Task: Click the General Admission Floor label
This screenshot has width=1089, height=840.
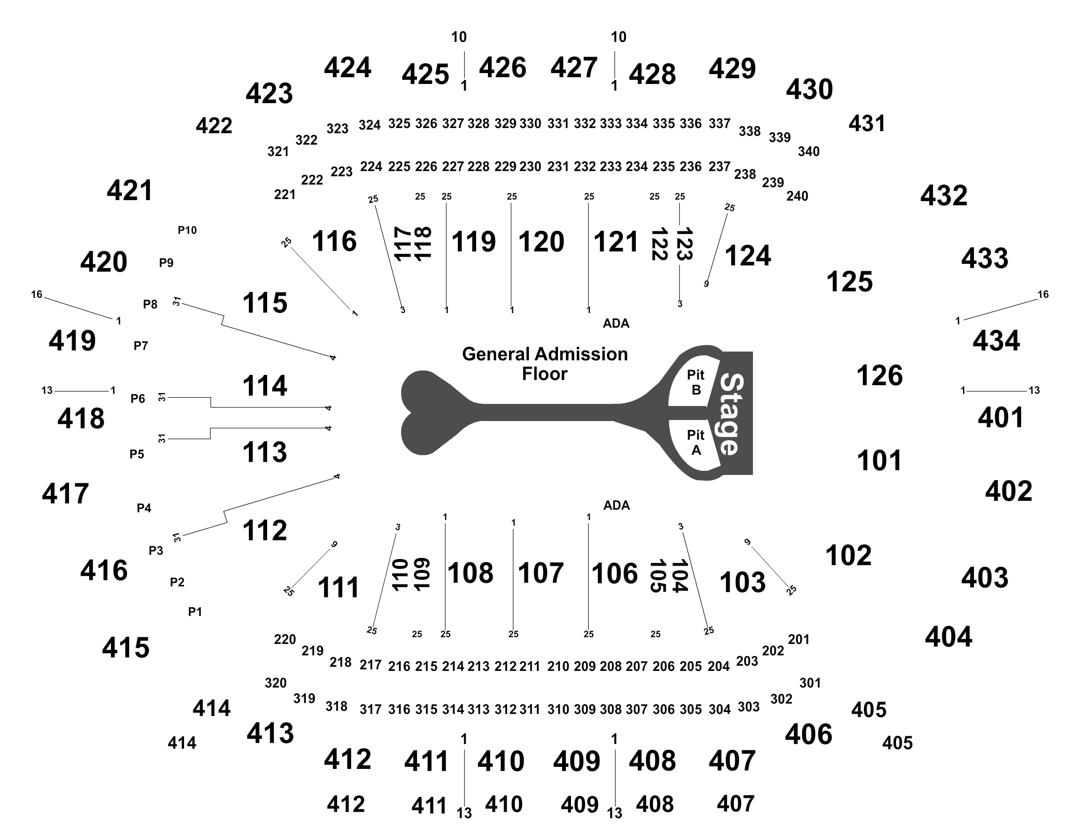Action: point(545,363)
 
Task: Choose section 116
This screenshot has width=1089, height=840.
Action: point(334,241)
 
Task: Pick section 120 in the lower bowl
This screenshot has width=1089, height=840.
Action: point(541,242)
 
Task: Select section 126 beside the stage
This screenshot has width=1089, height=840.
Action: point(879,375)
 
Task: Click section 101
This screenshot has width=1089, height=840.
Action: point(879,460)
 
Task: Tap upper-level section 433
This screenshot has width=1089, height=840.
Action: point(985,258)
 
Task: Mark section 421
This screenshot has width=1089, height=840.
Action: point(130,190)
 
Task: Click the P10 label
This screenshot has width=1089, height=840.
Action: point(187,230)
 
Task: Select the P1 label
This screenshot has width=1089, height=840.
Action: point(195,612)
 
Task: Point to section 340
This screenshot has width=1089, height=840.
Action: point(808,151)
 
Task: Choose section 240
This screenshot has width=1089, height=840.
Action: point(797,196)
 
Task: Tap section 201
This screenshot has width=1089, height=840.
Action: point(799,639)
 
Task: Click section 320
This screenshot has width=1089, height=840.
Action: point(275,683)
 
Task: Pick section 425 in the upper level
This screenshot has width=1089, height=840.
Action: point(425,74)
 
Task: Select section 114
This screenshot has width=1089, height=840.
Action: point(264,386)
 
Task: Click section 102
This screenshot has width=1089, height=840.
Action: point(848,555)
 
